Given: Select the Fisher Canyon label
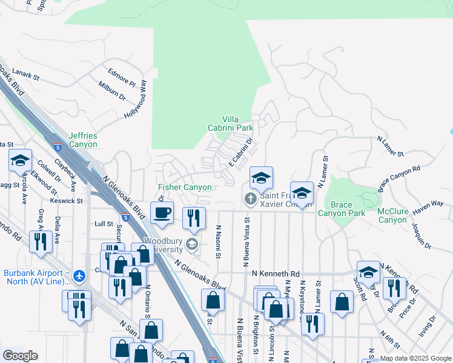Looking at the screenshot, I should click(x=185, y=188).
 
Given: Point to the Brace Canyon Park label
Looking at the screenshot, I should click(x=342, y=209).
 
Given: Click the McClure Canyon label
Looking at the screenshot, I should click(x=392, y=215).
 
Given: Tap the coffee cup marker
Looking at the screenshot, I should click(x=162, y=212).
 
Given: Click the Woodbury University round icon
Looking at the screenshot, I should click(x=192, y=244).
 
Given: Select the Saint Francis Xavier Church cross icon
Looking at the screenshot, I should click(x=250, y=198).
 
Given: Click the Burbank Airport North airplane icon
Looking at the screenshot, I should click(x=79, y=276).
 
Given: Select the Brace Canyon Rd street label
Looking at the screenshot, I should click(x=399, y=179).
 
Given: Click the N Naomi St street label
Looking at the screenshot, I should click(x=218, y=240).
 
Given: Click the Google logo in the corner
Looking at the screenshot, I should click(x=20, y=356).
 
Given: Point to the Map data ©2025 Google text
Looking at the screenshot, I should click(x=415, y=358).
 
